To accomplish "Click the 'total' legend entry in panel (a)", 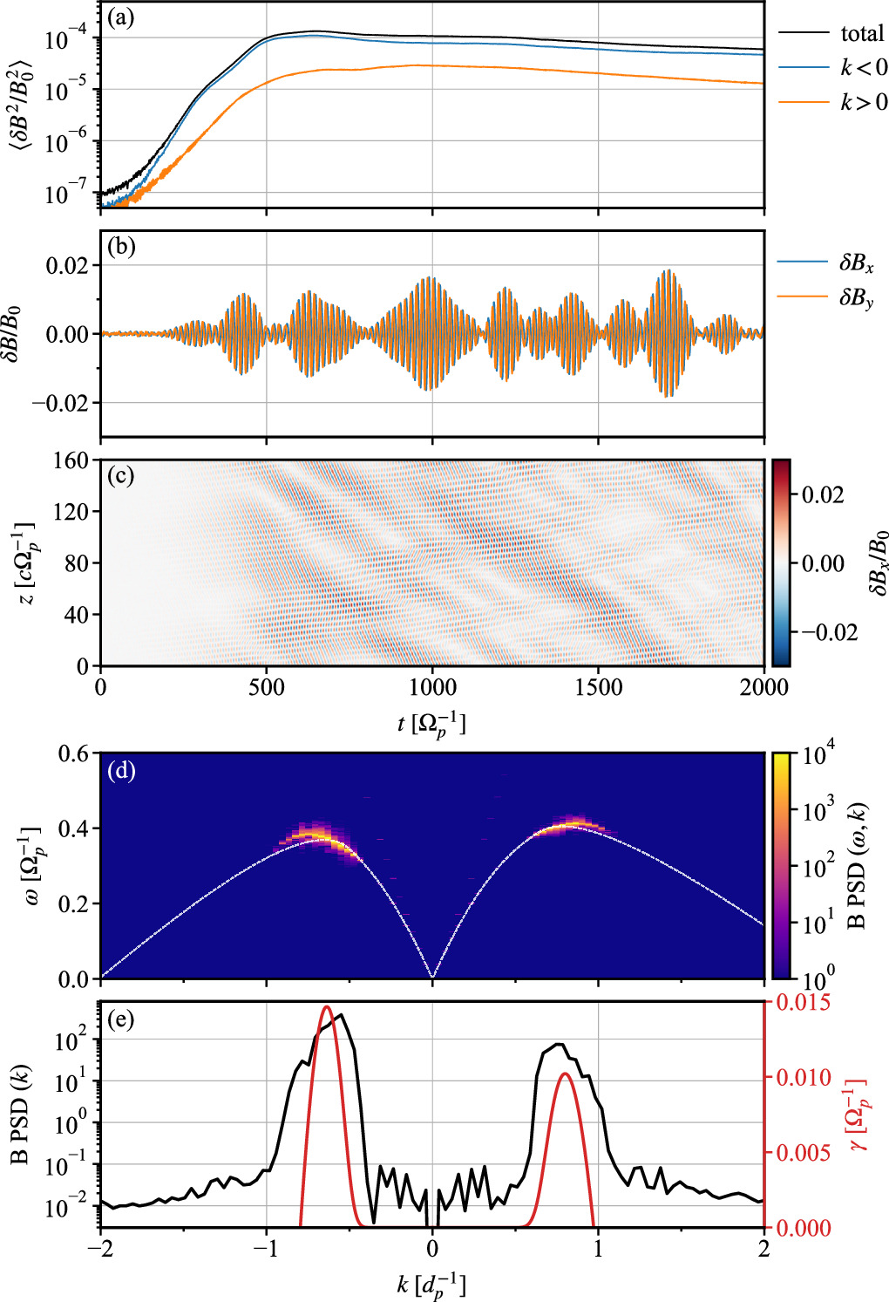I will [861, 33].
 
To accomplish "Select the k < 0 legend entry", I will [863, 67].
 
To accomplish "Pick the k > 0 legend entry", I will [863, 102].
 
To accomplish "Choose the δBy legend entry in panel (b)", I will [856, 297].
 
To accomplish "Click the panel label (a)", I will [119, 17].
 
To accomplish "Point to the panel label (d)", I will [119, 770].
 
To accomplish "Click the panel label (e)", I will [119, 1019].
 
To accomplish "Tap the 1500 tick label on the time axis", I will [598, 687].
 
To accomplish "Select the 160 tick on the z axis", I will [71, 460].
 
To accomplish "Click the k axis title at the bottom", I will [431, 1285].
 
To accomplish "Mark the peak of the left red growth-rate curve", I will [327, 1007].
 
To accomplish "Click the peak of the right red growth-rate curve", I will [565, 1074].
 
